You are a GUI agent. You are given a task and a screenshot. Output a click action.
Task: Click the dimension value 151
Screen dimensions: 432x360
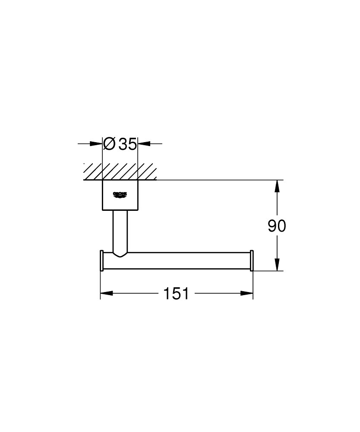[x=176, y=294]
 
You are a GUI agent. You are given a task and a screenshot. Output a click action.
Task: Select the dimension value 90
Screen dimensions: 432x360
[x=277, y=226]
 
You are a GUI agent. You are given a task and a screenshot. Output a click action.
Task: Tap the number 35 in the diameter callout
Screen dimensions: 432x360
[x=128, y=144]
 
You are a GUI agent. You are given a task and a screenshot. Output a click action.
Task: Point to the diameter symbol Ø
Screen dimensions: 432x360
[x=110, y=144]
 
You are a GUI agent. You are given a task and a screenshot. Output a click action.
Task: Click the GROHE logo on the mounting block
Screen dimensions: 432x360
[x=120, y=195]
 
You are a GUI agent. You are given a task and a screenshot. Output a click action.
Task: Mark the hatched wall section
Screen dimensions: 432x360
[x=120, y=172]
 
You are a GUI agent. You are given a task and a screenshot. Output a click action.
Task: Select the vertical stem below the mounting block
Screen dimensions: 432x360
[x=120, y=231]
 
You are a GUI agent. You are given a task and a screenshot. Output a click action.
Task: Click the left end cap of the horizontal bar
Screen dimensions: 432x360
[x=101, y=260]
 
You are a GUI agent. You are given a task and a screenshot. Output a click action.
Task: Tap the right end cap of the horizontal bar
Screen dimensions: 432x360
[x=252, y=260]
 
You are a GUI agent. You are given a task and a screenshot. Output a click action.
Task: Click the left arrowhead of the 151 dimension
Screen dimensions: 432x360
[x=106, y=294]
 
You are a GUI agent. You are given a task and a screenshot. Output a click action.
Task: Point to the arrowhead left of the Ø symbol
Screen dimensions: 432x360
[x=97, y=144]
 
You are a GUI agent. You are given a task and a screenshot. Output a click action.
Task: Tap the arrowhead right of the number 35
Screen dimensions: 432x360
[x=143, y=144]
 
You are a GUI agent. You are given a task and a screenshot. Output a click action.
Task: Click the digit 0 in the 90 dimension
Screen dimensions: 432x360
[x=281, y=226]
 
